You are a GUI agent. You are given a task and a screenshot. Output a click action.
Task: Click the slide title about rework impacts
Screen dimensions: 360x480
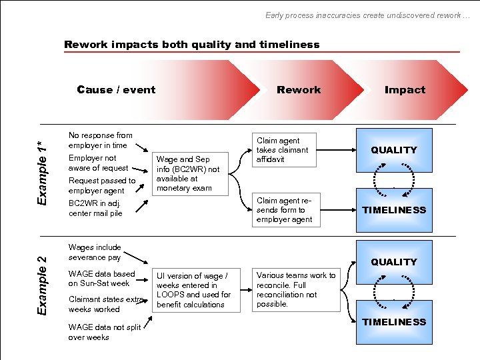[x=192, y=45]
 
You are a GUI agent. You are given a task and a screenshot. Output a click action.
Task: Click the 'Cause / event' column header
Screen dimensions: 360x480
[x=116, y=90]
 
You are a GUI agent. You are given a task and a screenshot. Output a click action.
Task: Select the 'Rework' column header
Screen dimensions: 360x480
[x=299, y=90]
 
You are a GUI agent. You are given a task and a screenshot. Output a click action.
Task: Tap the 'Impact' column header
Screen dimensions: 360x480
[x=405, y=90]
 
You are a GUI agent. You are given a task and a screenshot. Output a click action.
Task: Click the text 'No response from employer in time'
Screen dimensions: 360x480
[x=101, y=140]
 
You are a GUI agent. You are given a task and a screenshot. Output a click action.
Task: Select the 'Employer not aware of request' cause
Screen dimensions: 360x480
[x=99, y=163]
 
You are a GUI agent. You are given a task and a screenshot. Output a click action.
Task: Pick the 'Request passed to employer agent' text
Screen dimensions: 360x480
[x=102, y=185]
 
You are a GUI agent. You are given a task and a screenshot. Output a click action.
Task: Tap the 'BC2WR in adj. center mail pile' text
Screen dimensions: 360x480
[x=95, y=209]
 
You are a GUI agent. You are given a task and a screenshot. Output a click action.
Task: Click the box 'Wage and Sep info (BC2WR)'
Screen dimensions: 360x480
[x=187, y=173]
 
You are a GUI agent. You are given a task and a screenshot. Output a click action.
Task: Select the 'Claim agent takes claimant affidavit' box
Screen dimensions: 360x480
[x=283, y=150]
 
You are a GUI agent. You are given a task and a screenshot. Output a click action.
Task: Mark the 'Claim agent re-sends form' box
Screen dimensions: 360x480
[x=283, y=210]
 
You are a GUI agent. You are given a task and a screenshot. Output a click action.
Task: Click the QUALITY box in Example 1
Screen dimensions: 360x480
[x=394, y=150]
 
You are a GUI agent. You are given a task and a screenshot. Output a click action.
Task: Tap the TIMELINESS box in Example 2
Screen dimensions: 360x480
[x=394, y=322]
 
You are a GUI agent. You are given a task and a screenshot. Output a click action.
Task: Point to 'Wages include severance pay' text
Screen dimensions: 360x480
[x=95, y=252]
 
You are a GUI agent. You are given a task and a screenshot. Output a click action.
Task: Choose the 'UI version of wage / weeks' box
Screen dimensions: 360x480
[x=193, y=290]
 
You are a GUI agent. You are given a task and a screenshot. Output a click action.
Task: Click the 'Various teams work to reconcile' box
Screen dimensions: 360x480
[x=295, y=289]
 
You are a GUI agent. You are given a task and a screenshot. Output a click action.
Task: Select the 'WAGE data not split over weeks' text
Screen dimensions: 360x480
[x=104, y=332]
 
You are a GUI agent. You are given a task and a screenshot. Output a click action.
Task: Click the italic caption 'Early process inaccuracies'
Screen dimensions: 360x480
[x=367, y=15]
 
